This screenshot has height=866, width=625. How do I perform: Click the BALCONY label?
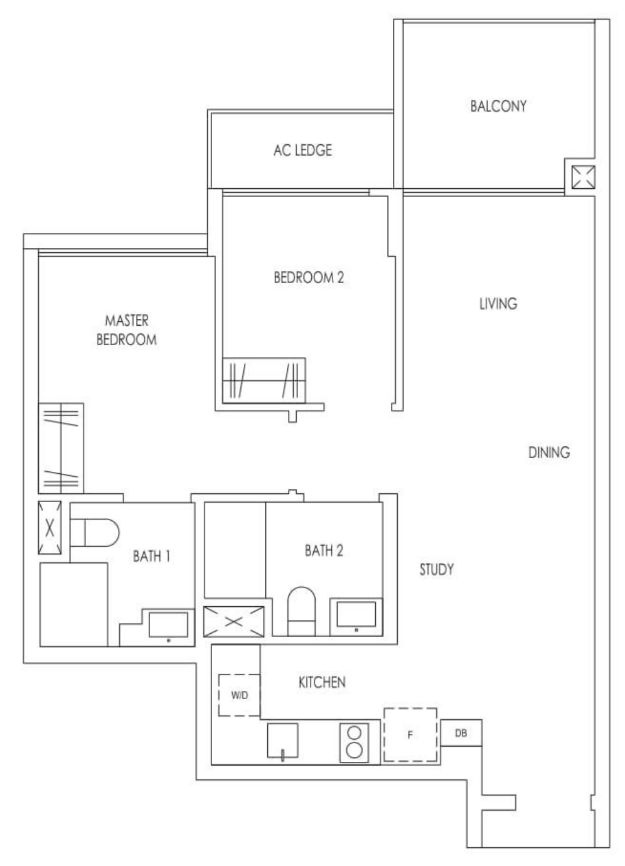(498, 106)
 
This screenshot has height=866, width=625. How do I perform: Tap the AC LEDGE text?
(302, 151)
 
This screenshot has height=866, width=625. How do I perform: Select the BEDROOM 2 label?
(309, 277)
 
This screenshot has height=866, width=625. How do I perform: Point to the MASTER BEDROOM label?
(126, 330)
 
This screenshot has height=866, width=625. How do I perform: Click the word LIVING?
(498, 304)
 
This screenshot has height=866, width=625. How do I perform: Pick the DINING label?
(548, 452)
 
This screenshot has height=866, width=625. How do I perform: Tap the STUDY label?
(436, 570)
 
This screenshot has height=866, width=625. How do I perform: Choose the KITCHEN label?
(321, 682)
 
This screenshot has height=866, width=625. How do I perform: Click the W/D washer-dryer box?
(239, 695)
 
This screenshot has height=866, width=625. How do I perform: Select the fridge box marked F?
(410, 735)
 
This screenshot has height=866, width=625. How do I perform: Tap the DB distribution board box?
(461, 733)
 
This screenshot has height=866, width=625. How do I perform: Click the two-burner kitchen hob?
(354, 742)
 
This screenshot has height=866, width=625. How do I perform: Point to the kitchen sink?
(282, 741)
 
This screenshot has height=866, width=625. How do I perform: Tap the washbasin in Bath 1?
(168, 626)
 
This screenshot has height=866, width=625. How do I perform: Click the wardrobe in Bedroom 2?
(264, 380)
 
